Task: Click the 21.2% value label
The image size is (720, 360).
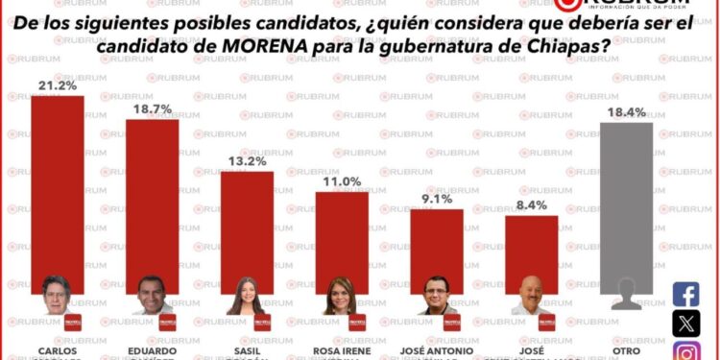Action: point(57,85)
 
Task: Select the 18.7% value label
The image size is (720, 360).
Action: point(152,109)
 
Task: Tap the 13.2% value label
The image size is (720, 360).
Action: point(247,161)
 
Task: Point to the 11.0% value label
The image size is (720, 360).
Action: point(342,181)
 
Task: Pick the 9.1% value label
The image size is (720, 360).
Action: point(437,200)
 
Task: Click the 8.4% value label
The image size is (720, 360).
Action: point(531,205)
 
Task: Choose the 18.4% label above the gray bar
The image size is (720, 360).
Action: point(627,112)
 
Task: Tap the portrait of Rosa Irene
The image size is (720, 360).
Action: point(342,296)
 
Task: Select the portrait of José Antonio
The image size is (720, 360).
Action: point(437,296)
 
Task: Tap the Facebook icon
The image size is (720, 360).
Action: point(686,294)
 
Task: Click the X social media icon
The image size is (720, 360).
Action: point(686,324)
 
